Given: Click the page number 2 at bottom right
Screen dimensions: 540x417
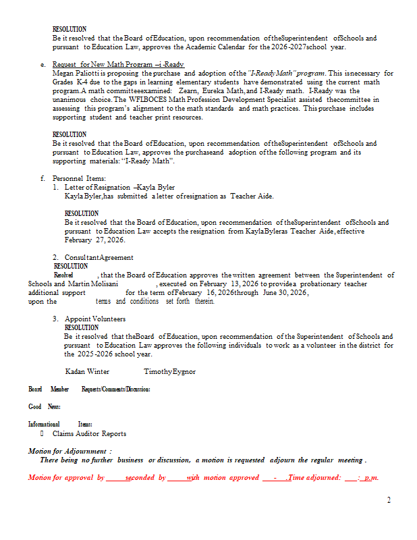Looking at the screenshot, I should (x=389, y=500).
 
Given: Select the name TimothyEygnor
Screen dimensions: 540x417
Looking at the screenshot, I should (x=169, y=372).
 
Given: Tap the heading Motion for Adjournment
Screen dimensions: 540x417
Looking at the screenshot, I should (x=69, y=451).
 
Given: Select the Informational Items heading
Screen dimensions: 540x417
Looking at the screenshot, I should (x=60, y=424).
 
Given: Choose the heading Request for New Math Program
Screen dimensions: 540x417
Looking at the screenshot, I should (x=117, y=64).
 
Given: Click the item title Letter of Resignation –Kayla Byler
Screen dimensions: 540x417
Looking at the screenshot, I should (x=119, y=187).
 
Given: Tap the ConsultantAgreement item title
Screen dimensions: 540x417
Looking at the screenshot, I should (x=99, y=257).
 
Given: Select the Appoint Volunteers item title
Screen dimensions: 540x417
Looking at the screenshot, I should (x=94, y=319).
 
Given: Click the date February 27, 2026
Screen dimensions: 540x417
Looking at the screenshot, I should (x=95, y=240).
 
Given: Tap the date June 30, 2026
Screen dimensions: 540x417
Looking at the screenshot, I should (x=285, y=293).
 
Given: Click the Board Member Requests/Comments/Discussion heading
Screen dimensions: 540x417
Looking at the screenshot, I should (x=89, y=389).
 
